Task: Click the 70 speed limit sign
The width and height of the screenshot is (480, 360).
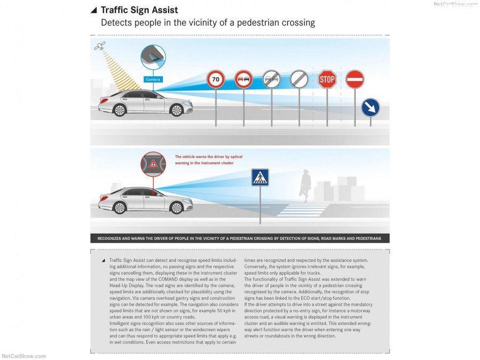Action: coord(215,80)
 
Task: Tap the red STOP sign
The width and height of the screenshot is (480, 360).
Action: coord(327,79)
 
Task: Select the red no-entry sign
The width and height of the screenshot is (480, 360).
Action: coord(355,79)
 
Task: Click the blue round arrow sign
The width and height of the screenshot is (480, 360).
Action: coord(370,108)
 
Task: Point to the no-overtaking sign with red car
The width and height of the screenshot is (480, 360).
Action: coord(244,80)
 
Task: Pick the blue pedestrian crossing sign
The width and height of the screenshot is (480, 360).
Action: coord(260,178)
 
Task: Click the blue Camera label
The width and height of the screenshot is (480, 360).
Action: coord(153,79)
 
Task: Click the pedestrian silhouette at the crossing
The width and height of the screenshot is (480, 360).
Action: coord(305,185)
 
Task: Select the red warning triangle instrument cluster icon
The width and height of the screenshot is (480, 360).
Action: coord(153,164)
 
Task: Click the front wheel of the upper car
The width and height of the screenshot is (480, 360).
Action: coord(176,110)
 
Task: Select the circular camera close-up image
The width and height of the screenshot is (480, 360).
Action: coord(153,58)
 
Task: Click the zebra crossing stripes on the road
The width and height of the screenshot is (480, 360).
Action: coord(302,210)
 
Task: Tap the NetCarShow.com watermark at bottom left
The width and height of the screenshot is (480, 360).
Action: coord(23,356)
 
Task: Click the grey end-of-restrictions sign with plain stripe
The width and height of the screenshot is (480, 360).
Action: coord(299,80)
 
